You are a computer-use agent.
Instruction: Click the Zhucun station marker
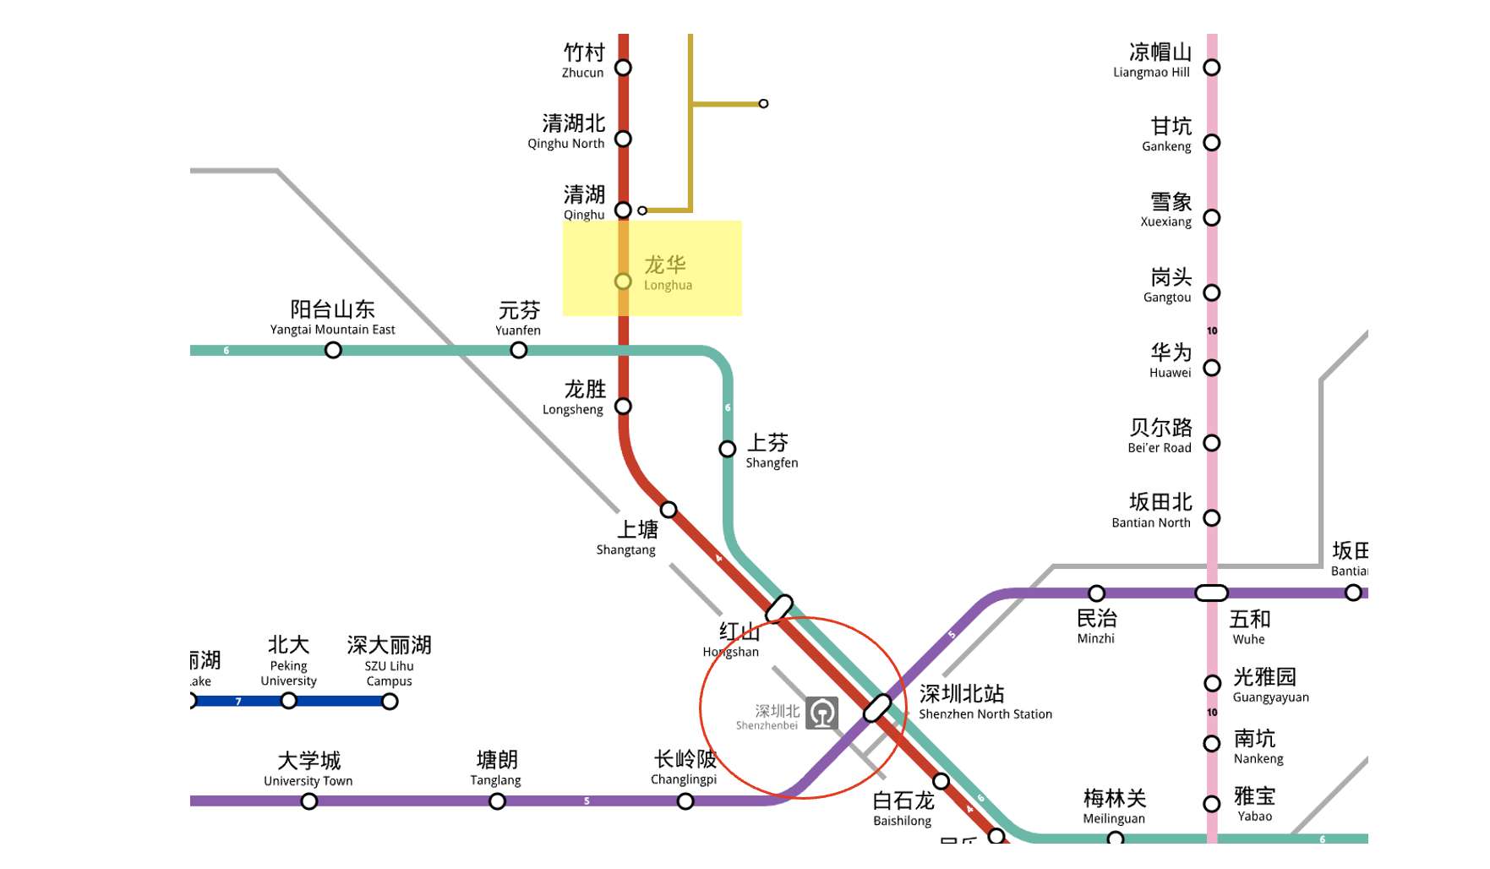623,68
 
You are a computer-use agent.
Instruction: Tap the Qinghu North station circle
623,139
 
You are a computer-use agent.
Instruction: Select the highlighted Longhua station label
667,272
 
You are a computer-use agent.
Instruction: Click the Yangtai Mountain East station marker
333,350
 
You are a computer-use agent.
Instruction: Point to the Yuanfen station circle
519,350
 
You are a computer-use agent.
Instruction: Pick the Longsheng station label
576,397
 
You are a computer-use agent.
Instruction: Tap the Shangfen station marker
728,449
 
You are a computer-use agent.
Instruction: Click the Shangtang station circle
669,510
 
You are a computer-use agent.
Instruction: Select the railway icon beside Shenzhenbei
822,713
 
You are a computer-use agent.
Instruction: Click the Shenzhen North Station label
985,702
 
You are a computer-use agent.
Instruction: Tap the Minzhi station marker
1097,593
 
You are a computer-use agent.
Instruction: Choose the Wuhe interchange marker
1211,593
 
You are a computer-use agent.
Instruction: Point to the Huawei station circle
1212,368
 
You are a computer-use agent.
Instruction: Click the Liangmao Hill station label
1154,60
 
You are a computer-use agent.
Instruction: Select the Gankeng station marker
1212,143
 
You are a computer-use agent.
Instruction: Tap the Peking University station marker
289,701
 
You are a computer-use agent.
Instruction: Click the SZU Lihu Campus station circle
390,701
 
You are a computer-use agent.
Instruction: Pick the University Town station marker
309,801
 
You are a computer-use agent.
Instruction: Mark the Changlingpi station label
685,768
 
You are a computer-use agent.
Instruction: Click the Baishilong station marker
941,781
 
